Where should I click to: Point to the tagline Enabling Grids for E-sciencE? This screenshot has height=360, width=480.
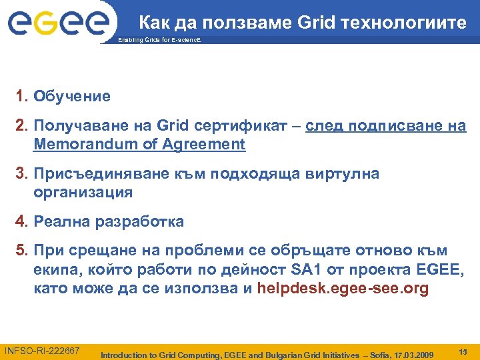tap(158, 41)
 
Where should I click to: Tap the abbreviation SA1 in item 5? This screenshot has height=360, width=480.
tap(307, 269)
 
